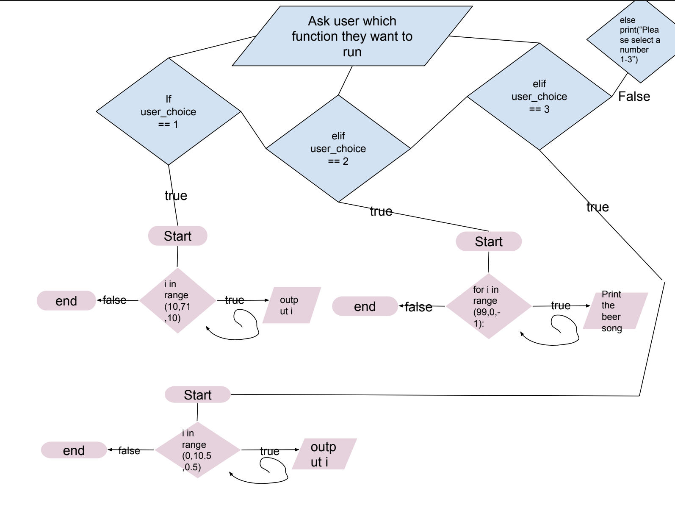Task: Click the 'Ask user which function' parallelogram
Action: pyautogui.click(x=352, y=36)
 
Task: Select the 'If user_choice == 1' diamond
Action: pyautogui.click(x=169, y=111)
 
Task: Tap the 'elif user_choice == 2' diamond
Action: pyautogui.click(x=338, y=148)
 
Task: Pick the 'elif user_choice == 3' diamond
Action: pyautogui.click(x=539, y=97)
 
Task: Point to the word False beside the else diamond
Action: pyautogui.click(x=634, y=97)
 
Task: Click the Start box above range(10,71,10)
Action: pyautogui.click(x=177, y=236)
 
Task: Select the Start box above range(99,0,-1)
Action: pyautogui.click(x=489, y=241)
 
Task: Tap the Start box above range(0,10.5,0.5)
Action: pyautogui.click(x=197, y=395)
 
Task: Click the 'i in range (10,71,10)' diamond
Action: pyautogui.click(x=178, y=301)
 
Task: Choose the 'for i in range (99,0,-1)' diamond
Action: pyautogui.click(x=488, y=306)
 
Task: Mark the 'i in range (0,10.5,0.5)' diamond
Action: pyautogui.click(x=197, y=450)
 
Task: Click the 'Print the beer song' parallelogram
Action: pyautogui.click(x=615, y=311)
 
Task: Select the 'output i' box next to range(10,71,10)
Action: pyautogui.click(x=291, y=305)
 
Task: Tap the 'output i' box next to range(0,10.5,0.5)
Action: pyautogui.click(x=324, y=454)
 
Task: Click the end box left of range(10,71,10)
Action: pyautogui.click(x=66, y=301)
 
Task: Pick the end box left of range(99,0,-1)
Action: pyautogui.click(x=365, y=306)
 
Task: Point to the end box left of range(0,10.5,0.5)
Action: pyautogui.click(x=74, y=450)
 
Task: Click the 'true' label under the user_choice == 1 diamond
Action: pyautogui.click(x=176, y=196)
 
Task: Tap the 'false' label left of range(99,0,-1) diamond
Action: pyautogui.click(x=418, y=307)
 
